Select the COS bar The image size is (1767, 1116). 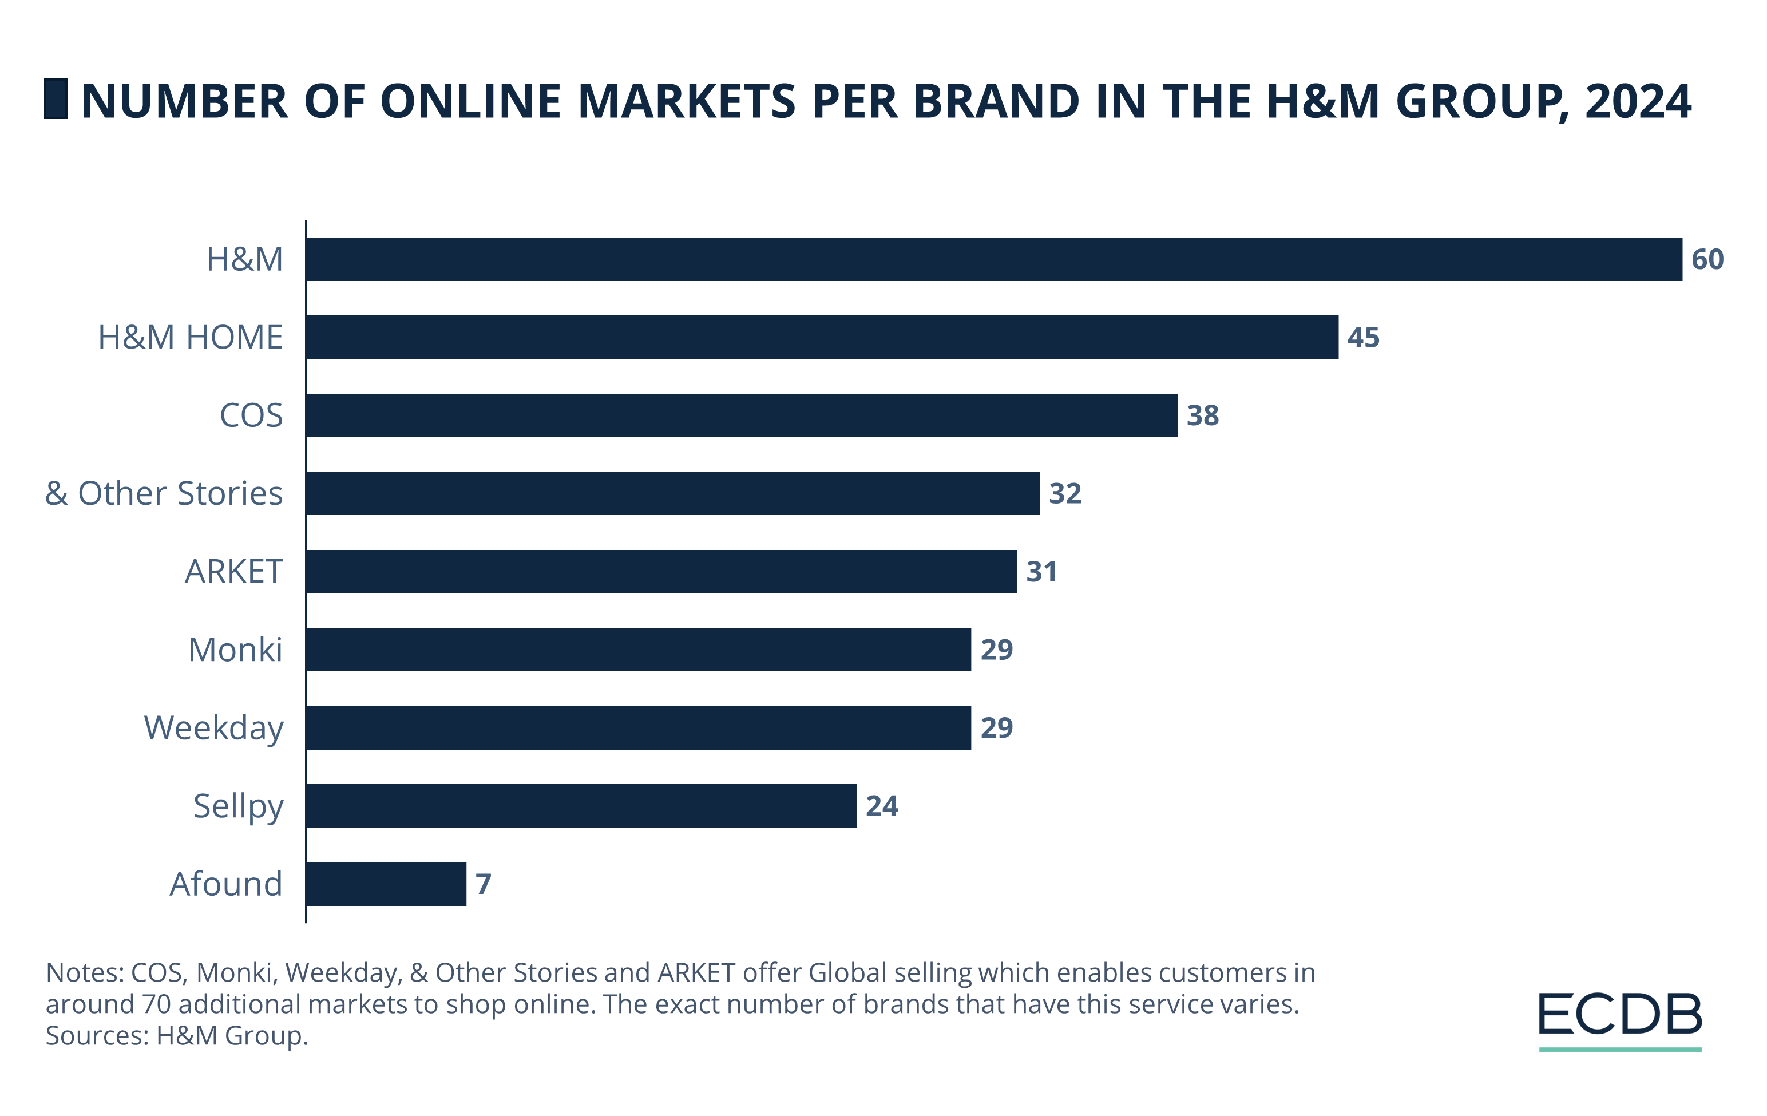coord(741,415)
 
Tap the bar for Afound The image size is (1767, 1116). coord(386,884)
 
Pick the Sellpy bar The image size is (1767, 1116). coord(581,806)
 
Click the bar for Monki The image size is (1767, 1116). coord(639,650)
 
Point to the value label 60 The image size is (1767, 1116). coord(1707,259)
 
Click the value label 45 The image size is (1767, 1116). coord(1362,338)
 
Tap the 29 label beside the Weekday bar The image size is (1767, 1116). coord(996,728)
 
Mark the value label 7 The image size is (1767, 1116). coord(483,884)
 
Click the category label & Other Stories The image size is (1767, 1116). coord(164,493)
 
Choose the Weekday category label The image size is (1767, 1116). coord(213,728)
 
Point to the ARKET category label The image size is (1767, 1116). coord(233,572)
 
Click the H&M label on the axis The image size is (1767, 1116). coord(244,259)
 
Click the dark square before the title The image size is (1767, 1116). coord(56,99)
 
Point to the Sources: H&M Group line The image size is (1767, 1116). coord(177,1035)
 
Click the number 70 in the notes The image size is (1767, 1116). coord(156,1004)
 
